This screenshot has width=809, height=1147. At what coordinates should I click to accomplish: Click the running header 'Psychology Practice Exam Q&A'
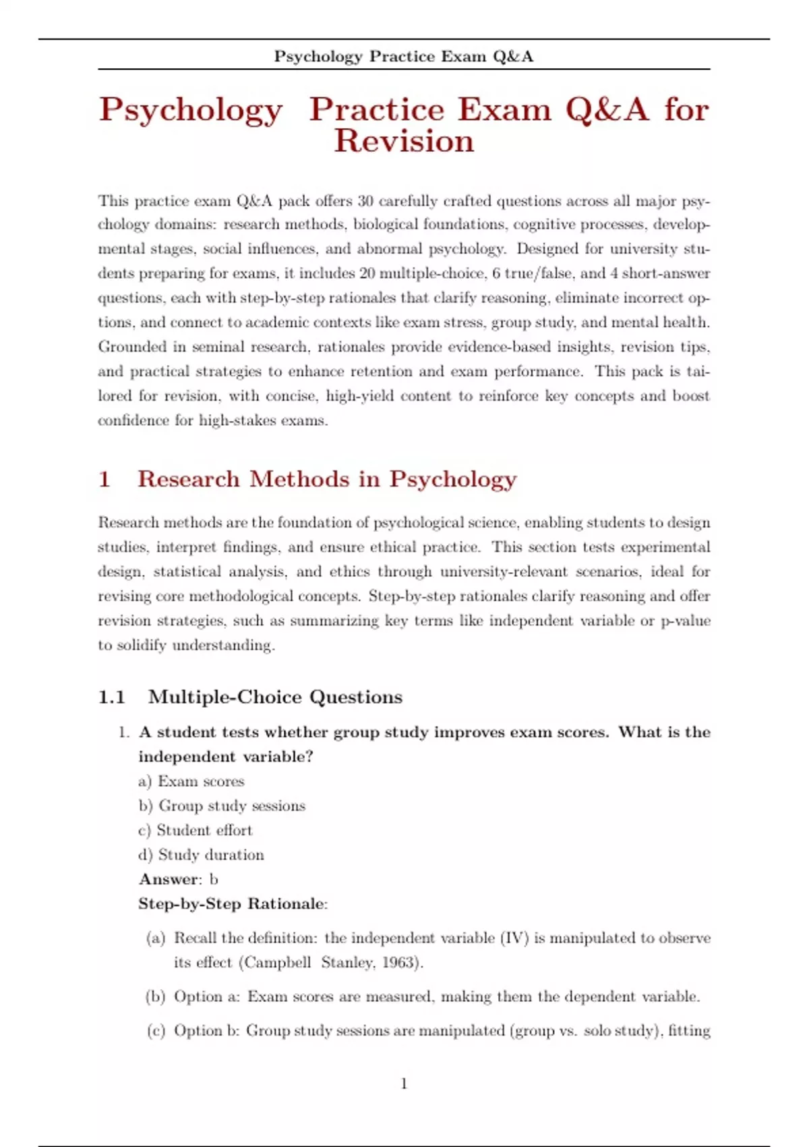(403, 57)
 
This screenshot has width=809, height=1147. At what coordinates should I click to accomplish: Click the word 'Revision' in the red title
(404, 141)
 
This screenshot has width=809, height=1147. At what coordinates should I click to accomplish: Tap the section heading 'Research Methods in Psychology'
(327, 479)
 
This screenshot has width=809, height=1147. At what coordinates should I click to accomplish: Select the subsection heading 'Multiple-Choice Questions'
(275, 697)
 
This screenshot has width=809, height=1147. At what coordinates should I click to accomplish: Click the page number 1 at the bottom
(404, 1084)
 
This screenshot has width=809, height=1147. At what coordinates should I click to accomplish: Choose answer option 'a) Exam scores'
(191, 781)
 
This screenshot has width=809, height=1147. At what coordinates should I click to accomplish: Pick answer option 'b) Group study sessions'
(222, 806)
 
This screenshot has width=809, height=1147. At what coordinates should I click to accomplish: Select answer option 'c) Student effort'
(196, 830)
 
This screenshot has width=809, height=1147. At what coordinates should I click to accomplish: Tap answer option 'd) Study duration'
(201, 855)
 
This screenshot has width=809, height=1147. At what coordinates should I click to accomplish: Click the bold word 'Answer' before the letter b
(169, 879)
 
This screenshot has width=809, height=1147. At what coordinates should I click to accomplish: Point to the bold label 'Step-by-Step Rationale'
(232, 904)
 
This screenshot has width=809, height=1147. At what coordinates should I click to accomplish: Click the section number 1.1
(112, 697)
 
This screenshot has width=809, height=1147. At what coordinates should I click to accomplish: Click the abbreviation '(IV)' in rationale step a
(514, 938)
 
